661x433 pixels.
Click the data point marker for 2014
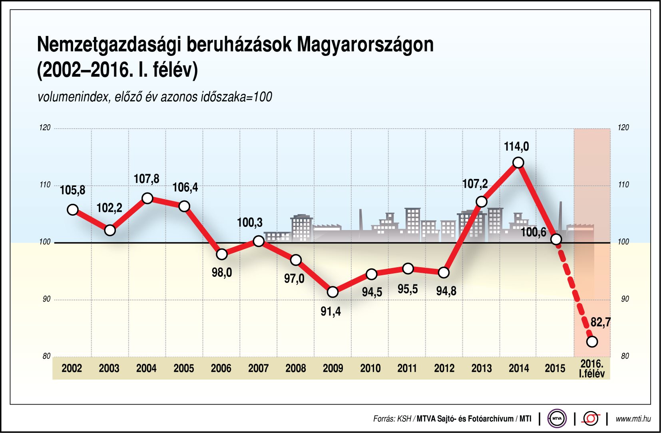click(x=518, y=163)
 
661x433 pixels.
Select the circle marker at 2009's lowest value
click(x=332, y=292)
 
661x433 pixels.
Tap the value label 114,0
click(x=516, y=147)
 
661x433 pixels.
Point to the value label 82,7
click(x=600, y=322)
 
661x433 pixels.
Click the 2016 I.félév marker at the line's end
click(x=592, y=342)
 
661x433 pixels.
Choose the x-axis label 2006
click(x=221, y=368)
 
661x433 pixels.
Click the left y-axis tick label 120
click(x=45, y=127)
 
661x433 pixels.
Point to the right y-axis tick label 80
click(x=625, y=356)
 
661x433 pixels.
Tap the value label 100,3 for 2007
click(x=250, y=222)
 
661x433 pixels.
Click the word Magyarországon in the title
click(x=365, y=44)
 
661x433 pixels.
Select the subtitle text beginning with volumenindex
click(x=155, y=97)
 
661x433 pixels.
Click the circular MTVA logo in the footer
click(x=557, y=419)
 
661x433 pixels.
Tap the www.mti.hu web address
click(x=633, y=419)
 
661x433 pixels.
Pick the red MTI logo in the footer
click(x=591, y=419)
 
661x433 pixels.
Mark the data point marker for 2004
click(x=147, y=198)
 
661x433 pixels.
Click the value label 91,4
click(x=330, y=311)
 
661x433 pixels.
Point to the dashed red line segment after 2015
click(x=574, y=291)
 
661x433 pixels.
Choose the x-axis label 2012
click(x=444, y=368)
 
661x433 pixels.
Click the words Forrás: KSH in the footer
click(x=392, y=419)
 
